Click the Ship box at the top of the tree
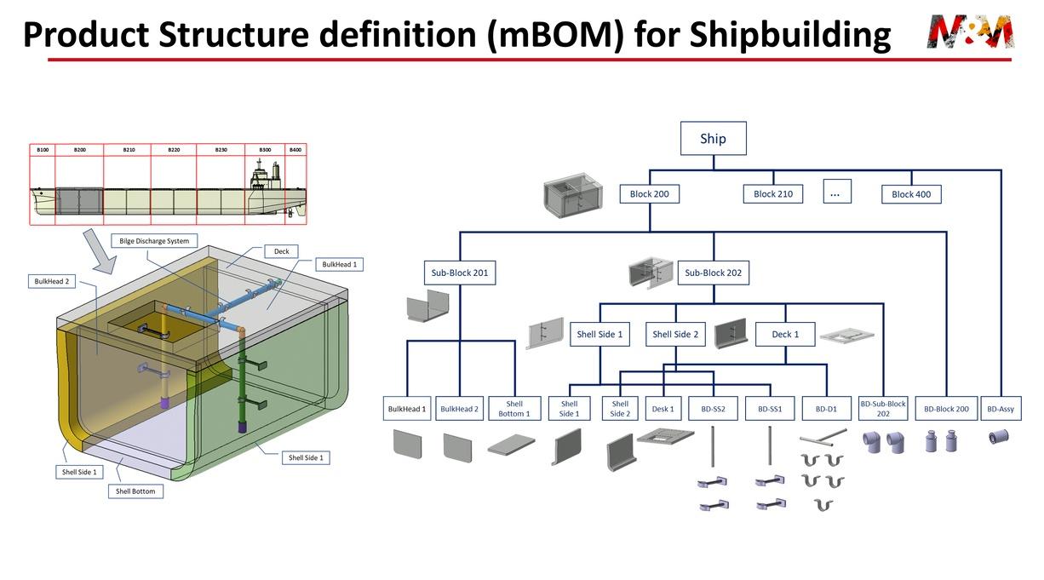[713, 138]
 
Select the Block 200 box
[649, 194]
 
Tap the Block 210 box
[773, 194]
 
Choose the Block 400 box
[910, 194]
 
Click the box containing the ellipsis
[835, 192]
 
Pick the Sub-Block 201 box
[459, 273]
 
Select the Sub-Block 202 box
[713, 273]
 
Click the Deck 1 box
[784, 334]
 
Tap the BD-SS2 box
[713, 409]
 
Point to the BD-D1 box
[826, 409]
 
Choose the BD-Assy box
[1001, 409]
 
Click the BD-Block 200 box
[946, 409]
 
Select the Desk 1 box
[663, 409]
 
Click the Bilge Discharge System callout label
[154, 241]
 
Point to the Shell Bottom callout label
[135, 491]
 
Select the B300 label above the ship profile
[265, 150]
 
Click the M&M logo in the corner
[970, 32]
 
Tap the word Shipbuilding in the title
[789, 34]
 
